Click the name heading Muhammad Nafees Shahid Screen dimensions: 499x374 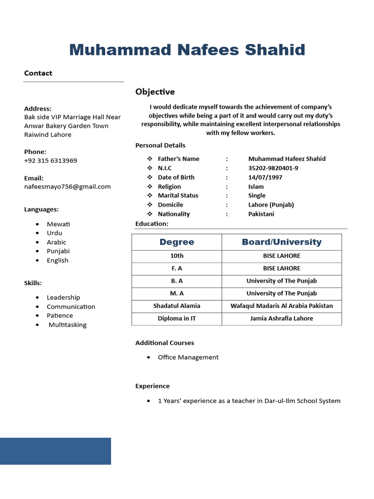(187, 50)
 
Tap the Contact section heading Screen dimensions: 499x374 (38, 73)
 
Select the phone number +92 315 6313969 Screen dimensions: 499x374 (51, 160)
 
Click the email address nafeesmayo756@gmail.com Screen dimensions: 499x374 (67, 186)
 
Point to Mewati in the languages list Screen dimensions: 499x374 (58, 224)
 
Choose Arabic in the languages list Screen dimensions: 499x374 (56, 242)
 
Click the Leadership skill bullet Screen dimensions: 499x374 (63, 297)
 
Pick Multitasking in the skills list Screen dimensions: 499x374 (67, 325)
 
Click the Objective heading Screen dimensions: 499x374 (155, 92)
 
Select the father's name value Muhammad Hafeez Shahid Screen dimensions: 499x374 (287, 159)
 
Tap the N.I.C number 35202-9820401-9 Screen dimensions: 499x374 (273, 168)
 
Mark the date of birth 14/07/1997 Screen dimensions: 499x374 (265, 177)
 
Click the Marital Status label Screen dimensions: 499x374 (178, 195)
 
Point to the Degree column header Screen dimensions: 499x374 (177, 242)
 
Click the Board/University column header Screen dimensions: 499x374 (281, 242)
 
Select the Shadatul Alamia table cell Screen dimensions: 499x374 (177, 306)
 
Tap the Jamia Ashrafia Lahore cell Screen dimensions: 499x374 (281, 318)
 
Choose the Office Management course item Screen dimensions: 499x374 (188, 357)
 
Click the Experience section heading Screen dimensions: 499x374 (152, 386)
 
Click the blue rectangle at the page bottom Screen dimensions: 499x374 (56, 451)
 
